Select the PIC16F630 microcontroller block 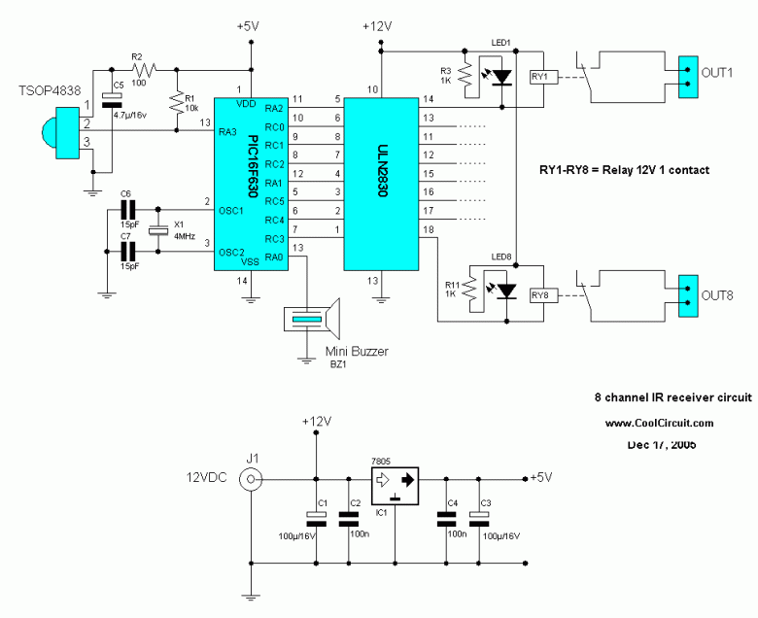click(x=252, y=184)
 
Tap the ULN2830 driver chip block click(x=381, y=184)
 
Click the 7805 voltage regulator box click(x=395, y=486)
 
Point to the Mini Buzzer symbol click(x=312, y=320)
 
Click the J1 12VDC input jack click(x=251, y=479)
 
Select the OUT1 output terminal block click(x=688, y=77)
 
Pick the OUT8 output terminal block click(x=688, y=295)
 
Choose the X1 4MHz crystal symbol click(x=157, y=230)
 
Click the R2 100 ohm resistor click(x=143, y=70)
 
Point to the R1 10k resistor click(x=177, y=101)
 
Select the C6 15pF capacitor click(x=128, y=210)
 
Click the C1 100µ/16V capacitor click(x=316, y=520)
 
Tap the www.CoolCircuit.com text click(x=659, y=424)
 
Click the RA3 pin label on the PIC click(x=227, y=131)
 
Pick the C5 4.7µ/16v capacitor click(x=112, y=100)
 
